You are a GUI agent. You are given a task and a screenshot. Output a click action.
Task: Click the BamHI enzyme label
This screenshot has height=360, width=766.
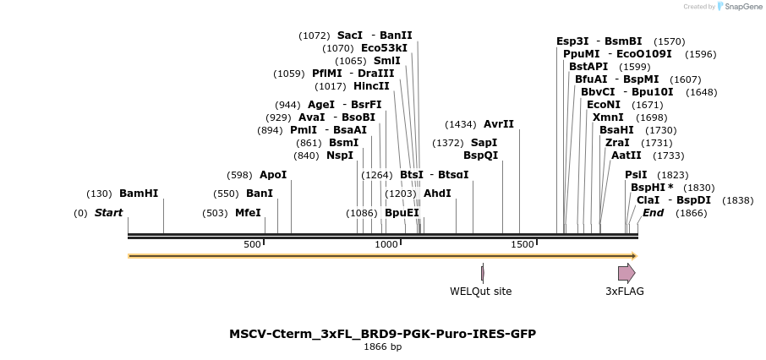click(x=139, y=194)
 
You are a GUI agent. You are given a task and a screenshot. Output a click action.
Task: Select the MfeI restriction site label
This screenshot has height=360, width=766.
click(x=248, y=213)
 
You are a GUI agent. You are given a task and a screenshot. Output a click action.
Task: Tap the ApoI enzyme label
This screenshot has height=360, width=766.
click(x=273, y=175)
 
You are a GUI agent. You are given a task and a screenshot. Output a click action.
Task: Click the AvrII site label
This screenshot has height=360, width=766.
click(x=499, y=124)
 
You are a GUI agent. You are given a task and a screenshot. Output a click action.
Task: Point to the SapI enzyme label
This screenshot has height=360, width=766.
click(x=484, y=143)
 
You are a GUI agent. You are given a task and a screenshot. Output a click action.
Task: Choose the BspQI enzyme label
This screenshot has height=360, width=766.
click(x=480, y=155)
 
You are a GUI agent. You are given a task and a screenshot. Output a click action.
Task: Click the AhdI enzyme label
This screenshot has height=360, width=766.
click(x=437, y=194)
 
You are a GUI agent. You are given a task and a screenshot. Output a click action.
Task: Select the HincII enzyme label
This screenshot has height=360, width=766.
click(x=371, y=86)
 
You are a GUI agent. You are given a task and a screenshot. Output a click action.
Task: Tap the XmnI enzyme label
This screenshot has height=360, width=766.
click(x=608, y=117)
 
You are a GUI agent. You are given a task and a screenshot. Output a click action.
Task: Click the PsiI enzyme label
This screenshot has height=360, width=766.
click(x=636, y=175)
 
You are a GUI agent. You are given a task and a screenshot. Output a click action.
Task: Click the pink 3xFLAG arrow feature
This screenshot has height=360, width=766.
click(x=626, y=273)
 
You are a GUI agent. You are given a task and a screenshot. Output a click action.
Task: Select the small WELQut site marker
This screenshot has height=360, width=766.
click(x=482, y=273)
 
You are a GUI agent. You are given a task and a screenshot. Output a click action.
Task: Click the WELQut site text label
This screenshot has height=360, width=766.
click(x=480, y=292)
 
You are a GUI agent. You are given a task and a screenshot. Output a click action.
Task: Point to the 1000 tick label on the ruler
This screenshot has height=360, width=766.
click(x=386, y=244)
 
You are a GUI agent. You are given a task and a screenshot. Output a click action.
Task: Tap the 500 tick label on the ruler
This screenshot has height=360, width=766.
click(x=252, y=244)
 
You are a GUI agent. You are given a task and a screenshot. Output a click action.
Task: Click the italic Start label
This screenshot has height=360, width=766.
click(x=108, y=213)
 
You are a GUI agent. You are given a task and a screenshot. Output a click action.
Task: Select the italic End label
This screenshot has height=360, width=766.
click(x=653, y=213)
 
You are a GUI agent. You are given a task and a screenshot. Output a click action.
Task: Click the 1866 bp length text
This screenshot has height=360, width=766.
click(x=382, y=347)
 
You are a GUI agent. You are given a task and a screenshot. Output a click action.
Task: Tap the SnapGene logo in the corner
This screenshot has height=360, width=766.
click(x=740, y=7)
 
